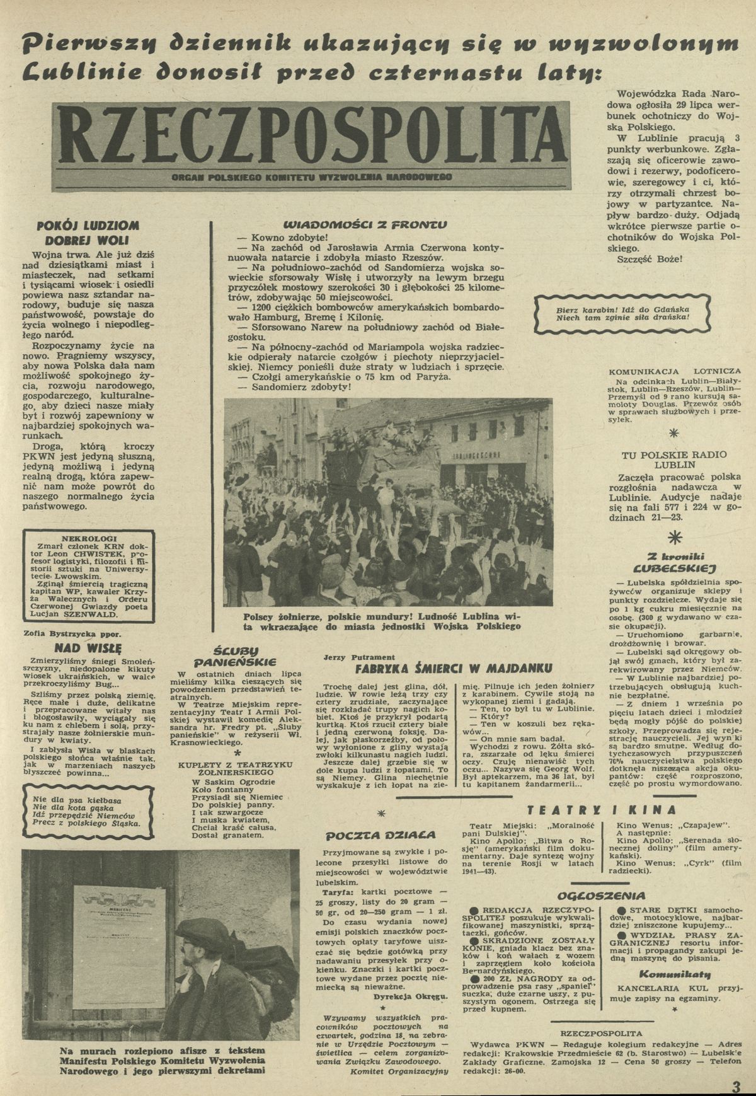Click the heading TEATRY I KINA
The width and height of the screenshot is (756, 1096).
click(x=602, y=810)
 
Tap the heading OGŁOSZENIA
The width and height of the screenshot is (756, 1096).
click(x=601, y=896)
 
